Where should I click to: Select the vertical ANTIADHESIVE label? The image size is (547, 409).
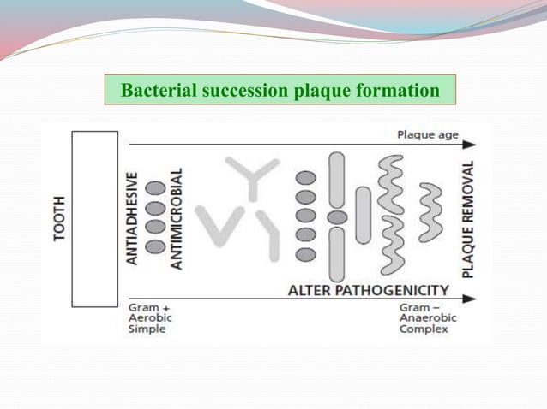134,219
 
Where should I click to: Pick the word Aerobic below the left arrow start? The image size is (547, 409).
149,317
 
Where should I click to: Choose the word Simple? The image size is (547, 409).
147,329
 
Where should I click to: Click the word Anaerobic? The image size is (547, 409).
428,317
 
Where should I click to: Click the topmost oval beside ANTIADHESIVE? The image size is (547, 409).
155,188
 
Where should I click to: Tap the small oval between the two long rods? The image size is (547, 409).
337,217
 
